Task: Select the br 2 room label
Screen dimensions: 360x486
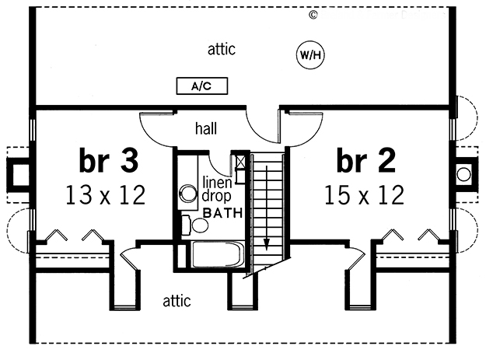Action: [x=366, y=161]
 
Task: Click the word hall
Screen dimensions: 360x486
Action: [x=206, y=126]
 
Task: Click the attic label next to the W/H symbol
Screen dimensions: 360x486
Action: [x=222, y=50]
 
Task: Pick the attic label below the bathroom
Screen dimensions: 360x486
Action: [x=177, y=300]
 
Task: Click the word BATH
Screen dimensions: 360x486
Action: [x=223, y=212]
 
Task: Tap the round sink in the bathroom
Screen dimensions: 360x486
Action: [x=188, y=194]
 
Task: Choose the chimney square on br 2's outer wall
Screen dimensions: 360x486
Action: [x=464, y=174]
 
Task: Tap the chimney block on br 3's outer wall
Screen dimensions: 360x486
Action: [x=18, y=174]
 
